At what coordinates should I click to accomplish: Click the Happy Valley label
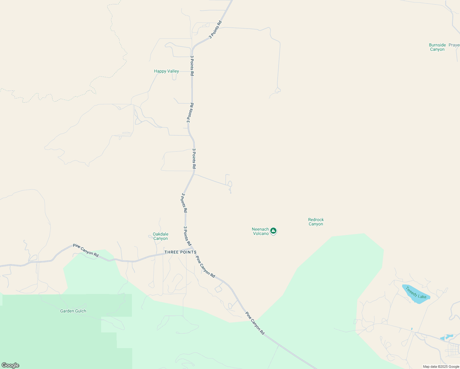click(x=166, y=71)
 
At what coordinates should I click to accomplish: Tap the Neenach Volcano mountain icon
click(x=273, y=231)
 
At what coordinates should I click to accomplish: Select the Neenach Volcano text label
click(x=260, y=232)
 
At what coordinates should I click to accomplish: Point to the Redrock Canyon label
click(x=316, y=222)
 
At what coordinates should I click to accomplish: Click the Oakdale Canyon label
click(x=161, y=236)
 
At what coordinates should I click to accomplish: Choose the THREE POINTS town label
click(x=180, y=252)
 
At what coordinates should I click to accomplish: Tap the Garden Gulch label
click(x=73, y=311)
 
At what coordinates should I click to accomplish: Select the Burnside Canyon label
click(x=437, y=47)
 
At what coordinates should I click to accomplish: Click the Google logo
click(x=10, y=365)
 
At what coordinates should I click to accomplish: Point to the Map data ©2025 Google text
click(x=441, y=367)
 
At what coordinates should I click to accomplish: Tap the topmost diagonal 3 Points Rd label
click(x=215, y=30)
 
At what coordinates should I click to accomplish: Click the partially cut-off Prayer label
click(x=454, y=45)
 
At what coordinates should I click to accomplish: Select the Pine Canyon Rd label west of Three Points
click(x=86, y=250)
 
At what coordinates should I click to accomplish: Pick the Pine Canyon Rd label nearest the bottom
click(x=255, y=323)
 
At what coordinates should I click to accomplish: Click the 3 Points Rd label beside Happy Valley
click(x=192, y=65)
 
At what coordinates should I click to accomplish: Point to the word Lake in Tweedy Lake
click(x=422, y=296)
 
